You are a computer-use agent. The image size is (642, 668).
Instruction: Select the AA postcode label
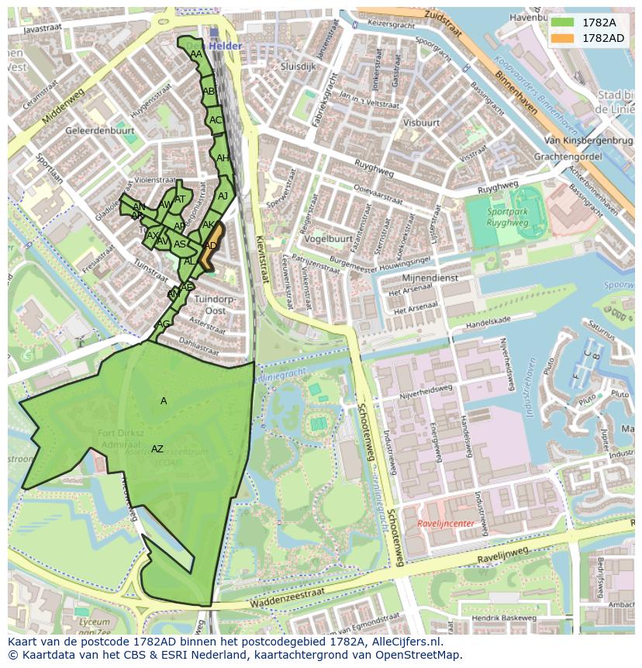(196, 54)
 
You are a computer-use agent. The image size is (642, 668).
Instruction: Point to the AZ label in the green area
(157, 449)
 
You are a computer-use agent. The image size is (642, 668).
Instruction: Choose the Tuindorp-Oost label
(215, 304)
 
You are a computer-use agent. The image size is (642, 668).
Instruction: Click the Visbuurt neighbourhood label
(422, 123)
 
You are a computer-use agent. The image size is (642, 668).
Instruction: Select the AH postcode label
(223, 158)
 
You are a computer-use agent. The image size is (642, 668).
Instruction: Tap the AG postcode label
(163, 324)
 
